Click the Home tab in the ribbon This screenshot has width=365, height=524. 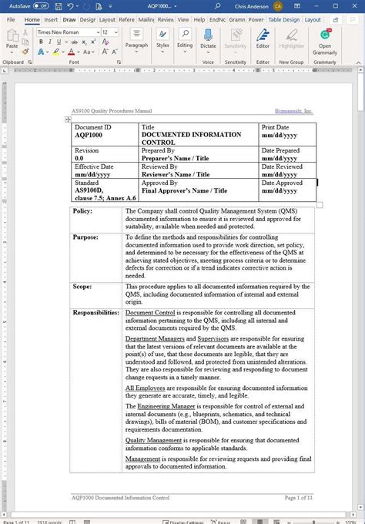coord(32,19)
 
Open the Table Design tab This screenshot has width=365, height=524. coord(283,19)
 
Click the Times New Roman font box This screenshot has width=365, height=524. coord(78,32)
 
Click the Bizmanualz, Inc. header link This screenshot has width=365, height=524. coord(297,112)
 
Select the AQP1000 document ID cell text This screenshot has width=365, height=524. coord(88,135)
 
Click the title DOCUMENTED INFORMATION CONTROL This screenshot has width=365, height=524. coord(180,139)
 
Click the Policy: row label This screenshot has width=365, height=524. coord(83,210)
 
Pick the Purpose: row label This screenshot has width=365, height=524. coord(85,237)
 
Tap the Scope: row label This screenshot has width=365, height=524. coord(82,286)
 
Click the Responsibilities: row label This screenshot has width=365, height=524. coord(95,313)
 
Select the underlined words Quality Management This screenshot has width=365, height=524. coord(153,439)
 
